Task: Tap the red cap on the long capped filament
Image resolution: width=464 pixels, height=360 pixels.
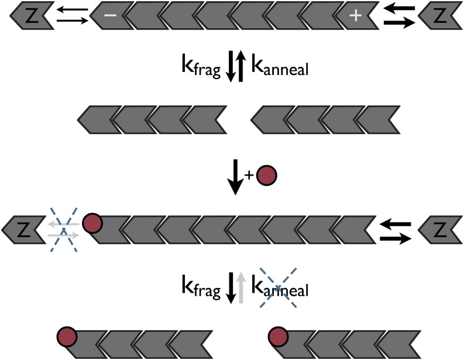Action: (92, 224)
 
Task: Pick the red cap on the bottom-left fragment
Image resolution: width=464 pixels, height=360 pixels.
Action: (67, 337)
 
